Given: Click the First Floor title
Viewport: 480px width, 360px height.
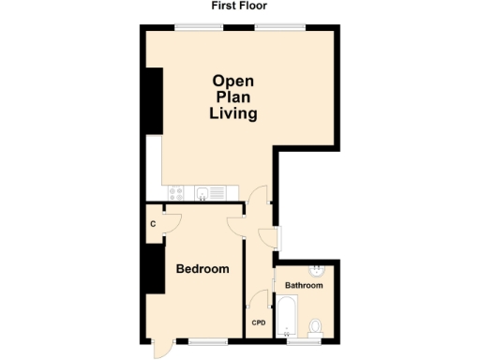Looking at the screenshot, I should pyautogui.click(x=240, y=6).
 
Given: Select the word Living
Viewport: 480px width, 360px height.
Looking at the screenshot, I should pyautogui.click(x=232, y=113).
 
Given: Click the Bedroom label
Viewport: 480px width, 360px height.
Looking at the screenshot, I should pyautogui.click(x=202, y=269).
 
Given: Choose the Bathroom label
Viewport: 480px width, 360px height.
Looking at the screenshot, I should pyautogui.click(x=304, y=285).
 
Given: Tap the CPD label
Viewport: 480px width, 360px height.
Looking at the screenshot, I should pyautogui.click(x=259, y=323).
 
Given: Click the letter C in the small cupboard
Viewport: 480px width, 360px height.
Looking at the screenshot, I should pyautogui.click(x=153, y=224).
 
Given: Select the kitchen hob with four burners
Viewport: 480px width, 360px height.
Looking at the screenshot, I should pyautogui.click(x=175, y=193).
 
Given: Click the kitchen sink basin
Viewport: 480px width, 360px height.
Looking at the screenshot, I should pyautogui.click(x=202, y=193).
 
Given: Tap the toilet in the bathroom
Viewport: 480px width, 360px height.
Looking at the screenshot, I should pyautogui.click(x=316, y=325).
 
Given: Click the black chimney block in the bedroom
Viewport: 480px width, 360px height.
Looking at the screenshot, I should pyautogui.click(x=153, y=273).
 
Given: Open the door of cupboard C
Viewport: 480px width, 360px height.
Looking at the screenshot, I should pyautogui.click(x=170, y=219).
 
